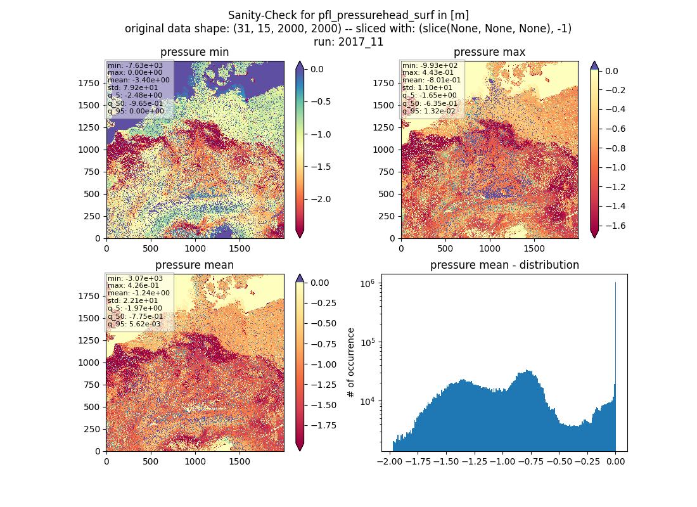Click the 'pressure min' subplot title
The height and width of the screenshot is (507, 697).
click(x=195, y=52)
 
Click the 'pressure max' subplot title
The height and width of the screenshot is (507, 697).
click(x=489, y=52)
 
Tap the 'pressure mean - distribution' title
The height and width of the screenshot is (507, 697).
click(x=504, y=265)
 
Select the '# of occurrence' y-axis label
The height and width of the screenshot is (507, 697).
click(x=351, y=363)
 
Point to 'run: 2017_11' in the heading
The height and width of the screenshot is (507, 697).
click(x=348, y=42)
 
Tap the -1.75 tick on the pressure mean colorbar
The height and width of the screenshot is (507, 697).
click(x=323, y=425)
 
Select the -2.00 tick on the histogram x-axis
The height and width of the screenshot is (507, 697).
click(x=390, y=461)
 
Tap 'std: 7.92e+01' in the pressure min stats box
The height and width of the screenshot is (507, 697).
click(x=132, y=87)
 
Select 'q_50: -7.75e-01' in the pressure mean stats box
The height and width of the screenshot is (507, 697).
click(x=135, y=316)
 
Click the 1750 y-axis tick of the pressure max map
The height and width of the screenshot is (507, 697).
click(x=383, y=83)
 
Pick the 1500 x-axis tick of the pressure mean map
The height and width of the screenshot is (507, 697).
click(x=240, y=461)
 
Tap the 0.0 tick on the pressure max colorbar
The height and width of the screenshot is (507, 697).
click(x=611, y=71)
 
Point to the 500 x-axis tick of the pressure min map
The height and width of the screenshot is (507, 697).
click(x=151, y=248)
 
